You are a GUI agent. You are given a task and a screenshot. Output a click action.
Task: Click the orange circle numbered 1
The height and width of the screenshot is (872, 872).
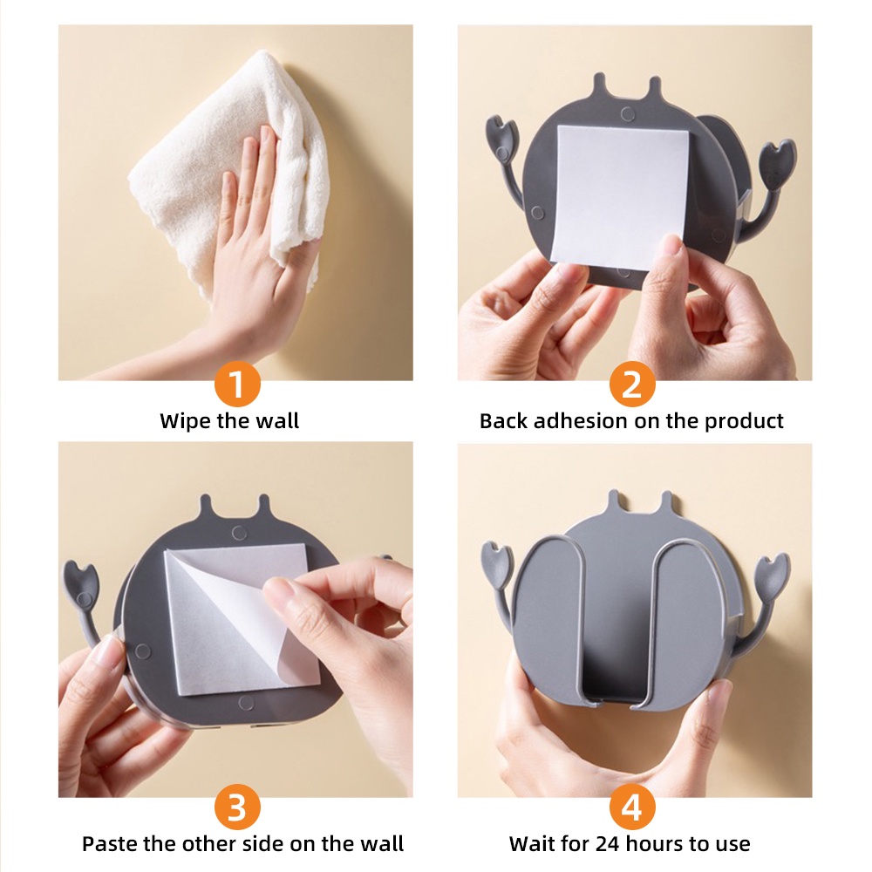click(x=237, y=384)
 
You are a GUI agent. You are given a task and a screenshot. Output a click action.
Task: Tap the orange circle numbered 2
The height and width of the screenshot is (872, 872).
click(x=631, y=384)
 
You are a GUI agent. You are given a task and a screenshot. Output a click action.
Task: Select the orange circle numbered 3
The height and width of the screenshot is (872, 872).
click(x=237, y=807)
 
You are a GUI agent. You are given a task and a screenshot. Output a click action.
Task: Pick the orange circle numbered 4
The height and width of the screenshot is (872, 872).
click(x=631, y=807)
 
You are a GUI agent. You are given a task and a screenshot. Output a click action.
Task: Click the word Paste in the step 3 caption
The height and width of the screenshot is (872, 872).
click(x=109, y=843)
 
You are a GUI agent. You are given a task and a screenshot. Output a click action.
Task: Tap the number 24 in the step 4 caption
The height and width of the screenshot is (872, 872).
click(x=608, y=844)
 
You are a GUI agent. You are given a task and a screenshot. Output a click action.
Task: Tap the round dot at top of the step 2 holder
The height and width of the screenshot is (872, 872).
click(x=628, y=115)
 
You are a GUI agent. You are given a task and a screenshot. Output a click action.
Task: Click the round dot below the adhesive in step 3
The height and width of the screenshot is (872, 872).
click(x=245, y=703)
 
